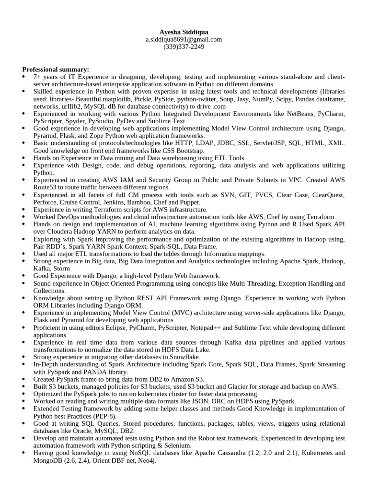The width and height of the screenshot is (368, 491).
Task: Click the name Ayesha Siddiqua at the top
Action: [184, 32]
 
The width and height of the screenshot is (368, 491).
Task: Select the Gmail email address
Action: [184, 39]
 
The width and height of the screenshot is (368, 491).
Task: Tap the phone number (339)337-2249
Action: [184, 47]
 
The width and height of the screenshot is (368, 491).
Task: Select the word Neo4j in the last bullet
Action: [145, 460]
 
